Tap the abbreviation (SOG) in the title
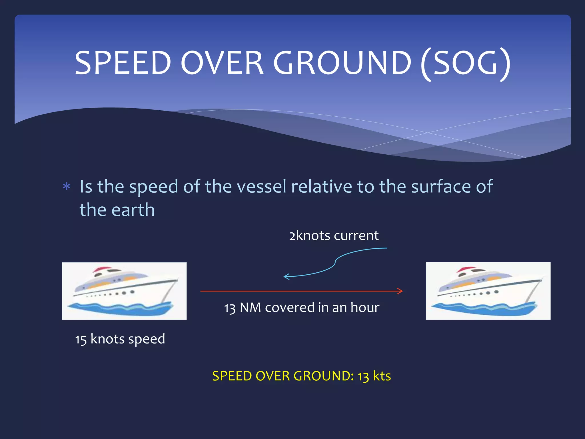466,63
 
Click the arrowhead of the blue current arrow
286,276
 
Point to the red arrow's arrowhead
400,291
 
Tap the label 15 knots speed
120,339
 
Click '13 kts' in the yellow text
374,376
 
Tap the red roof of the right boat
466,269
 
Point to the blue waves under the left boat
120,309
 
